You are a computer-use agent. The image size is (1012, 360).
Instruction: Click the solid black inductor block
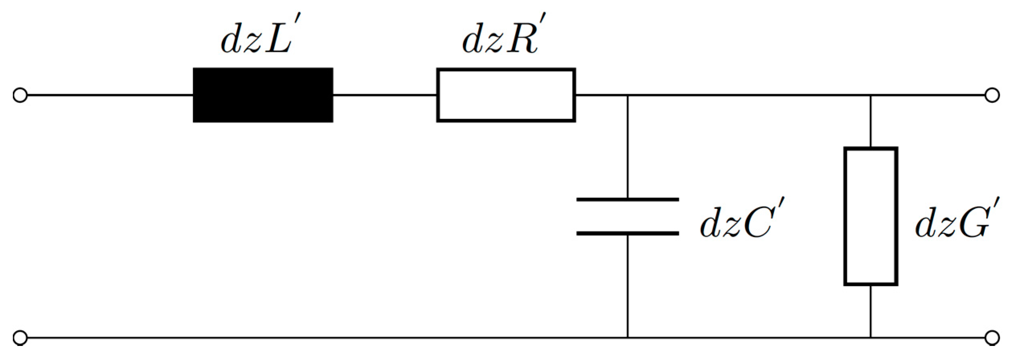[x=263, y=95]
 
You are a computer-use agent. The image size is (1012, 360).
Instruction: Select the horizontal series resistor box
[x=506, y=95]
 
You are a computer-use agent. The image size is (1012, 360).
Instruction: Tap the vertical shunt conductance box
[x=871, y=217]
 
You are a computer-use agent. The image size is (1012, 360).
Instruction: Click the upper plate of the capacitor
[x=628, y=199]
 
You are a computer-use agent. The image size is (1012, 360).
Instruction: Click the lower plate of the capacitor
[x=628, y=233]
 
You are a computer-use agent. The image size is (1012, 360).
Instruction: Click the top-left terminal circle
[x=20, y=96]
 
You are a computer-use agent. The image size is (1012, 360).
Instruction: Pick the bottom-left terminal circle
[x=20, y=337]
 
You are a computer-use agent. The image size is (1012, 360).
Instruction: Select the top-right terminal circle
[x=992, y=96]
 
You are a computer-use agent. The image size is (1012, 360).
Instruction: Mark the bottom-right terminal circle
[x=992, y=337]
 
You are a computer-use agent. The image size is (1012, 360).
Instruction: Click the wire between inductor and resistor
[x=385, y=95]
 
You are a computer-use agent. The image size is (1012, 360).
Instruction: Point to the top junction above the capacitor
[x=628, y=96]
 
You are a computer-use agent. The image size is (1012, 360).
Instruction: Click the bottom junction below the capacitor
[x=628, y=337]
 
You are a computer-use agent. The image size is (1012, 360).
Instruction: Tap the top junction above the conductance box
[x=871, y=96]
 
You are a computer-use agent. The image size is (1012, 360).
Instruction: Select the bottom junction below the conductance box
[x=871, y=337]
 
